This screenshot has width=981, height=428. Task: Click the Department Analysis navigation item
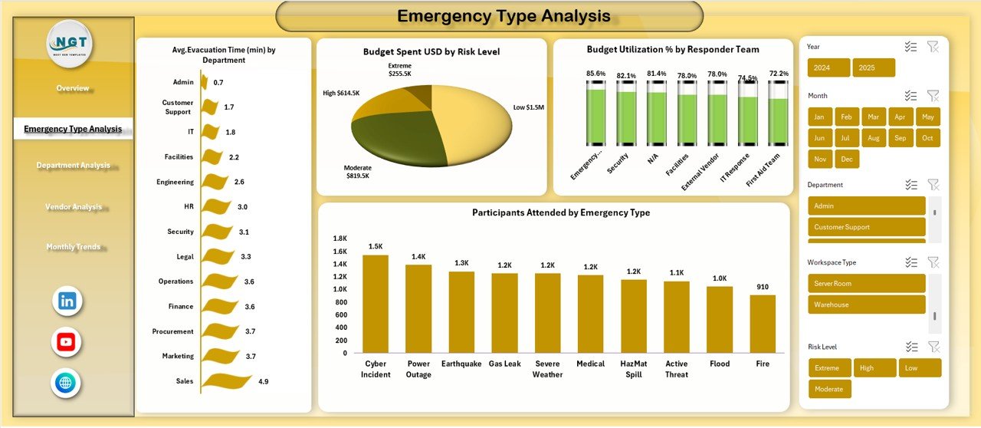pyautogui.click(x=73, y=166)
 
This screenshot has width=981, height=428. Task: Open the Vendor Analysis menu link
pyautogui.click(x=73, y=207)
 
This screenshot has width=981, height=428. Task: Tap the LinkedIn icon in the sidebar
pyautogui.click(x=67, y=301)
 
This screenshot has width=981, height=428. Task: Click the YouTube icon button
pyautogui.click(x=67, y=342)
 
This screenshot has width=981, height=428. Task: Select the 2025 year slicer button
pyautogui.click(x=873, y=67)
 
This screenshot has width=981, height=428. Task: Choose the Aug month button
pyautogui.click(x=874, y=138)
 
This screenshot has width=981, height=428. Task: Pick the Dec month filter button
pyautogui.click(x=846, y=159)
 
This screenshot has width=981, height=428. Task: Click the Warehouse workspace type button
pyautogui.click(x=866, y=305)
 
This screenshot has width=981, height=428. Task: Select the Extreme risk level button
pyautogui.click(x=828, y=368)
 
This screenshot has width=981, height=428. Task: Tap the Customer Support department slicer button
pyautogui.click(x=866, y=227)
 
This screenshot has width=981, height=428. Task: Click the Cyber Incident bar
pyautogui.click(x=376, y=304)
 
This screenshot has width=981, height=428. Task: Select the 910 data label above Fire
pyautogui.click(x=763, y=287)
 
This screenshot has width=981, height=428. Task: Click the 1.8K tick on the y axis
pyautogui.click(x=340, y=239)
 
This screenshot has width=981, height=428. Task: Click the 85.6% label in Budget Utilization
pyautogui.click(x=595, y=74)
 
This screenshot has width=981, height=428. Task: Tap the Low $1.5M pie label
pyautogui.click(x=529, y=107)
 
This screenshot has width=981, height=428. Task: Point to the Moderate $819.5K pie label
pyautogui.click(x=357, y=172)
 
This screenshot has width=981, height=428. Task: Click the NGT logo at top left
pyautogui.click(x=70, y=44)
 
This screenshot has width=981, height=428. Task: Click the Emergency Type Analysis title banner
pyautogui.click(x=489, y=16)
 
